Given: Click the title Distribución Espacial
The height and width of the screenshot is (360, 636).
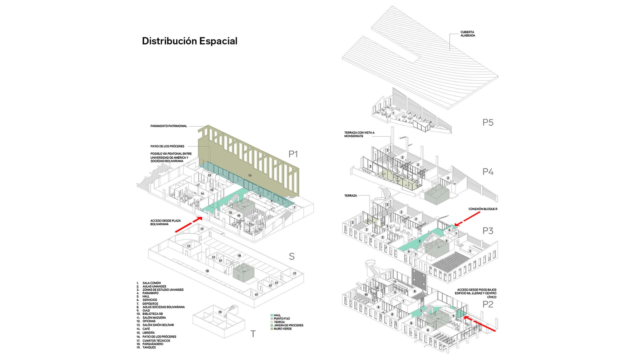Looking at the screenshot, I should (189, 41).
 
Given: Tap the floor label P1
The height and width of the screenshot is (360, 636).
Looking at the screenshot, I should (293, 154).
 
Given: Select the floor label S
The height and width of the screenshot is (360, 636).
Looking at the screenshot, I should (291, 257).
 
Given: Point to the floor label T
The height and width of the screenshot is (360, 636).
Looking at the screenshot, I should (253, 334).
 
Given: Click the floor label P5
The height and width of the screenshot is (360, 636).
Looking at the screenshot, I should (488, 122).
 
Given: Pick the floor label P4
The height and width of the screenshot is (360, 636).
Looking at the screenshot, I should (488, 172).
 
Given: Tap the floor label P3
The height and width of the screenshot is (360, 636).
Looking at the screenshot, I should (488, 231).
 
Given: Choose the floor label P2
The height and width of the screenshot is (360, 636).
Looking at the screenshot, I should (488, 305).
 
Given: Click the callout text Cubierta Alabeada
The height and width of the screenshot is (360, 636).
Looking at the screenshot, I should (468, 34).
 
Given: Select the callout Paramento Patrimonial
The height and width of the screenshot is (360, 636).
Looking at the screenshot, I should (169, 126).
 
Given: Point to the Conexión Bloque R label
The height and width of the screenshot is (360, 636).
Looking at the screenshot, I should (483, 209).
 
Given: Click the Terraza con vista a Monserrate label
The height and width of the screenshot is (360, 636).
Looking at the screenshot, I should (359, 134).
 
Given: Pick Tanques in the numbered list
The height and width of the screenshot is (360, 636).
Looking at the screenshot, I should (149, 347).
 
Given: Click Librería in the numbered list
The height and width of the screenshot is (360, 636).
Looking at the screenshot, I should (149, 333).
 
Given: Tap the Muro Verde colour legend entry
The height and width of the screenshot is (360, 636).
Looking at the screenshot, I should (282, 329).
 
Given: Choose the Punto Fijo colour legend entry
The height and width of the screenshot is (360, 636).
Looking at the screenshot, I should (281, 318).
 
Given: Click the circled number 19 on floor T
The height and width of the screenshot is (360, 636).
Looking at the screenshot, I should (220, 312).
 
